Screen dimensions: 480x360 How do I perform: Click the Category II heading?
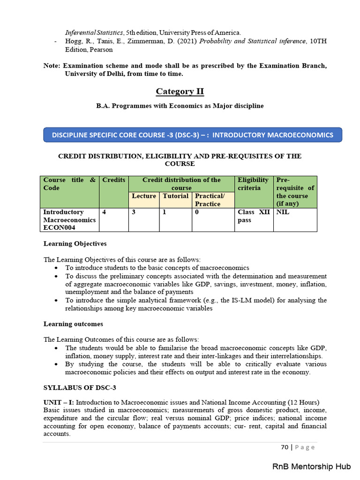180,91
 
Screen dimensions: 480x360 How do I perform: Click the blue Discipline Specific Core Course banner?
193,135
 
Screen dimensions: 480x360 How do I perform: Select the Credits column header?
114,180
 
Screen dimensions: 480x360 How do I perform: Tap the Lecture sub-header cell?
144,196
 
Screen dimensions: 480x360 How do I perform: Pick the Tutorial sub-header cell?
175,196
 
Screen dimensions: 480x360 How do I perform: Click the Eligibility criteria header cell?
253,184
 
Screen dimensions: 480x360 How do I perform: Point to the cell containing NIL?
283,212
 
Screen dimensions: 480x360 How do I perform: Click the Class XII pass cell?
253,216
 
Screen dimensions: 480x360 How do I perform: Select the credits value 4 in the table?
104,212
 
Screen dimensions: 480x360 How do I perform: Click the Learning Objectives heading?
75,244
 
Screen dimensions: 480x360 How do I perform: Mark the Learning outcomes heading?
73,324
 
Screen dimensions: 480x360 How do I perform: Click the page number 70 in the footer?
285,447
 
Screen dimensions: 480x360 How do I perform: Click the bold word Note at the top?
52,66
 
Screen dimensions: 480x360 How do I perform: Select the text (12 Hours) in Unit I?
304,402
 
